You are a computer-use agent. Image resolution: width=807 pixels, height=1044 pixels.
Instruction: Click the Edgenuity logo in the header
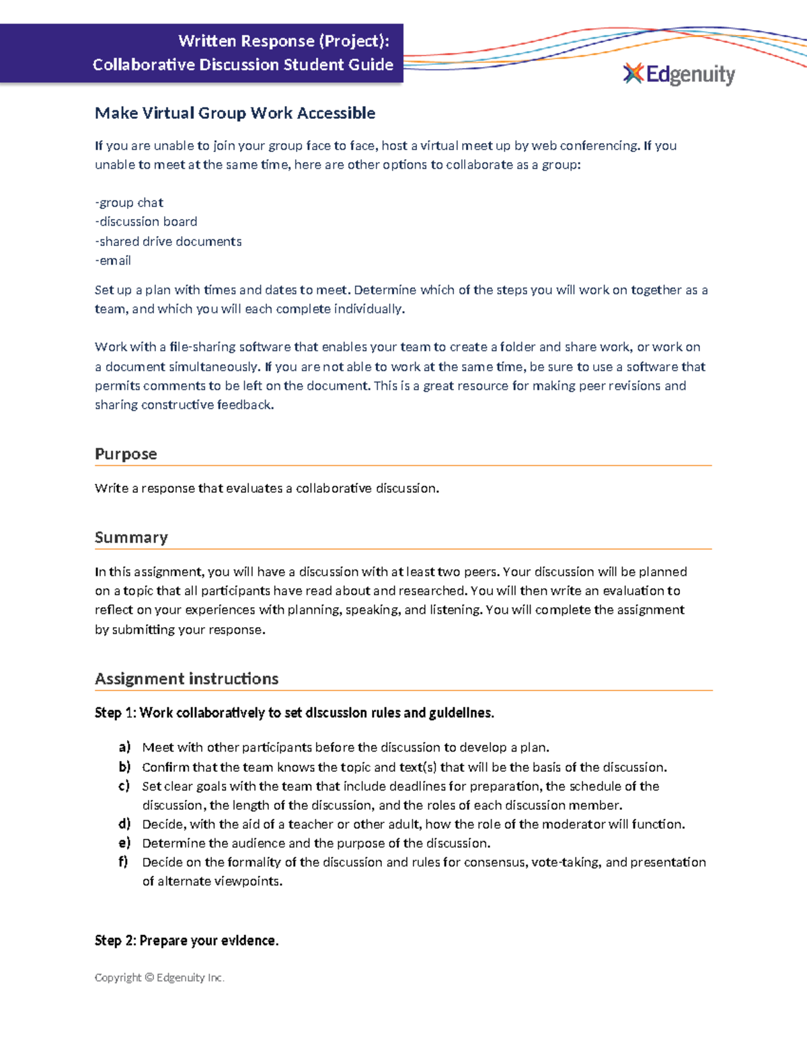tap(679, 74)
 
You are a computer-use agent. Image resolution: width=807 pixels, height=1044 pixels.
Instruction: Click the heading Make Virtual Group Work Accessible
tap(235, 113)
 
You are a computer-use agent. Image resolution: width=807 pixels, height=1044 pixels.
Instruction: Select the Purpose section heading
tap(126, 454)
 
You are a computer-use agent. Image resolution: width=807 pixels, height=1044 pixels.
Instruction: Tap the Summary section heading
tap(131, 537)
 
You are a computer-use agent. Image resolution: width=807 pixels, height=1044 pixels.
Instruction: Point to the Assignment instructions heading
tap(186, 678)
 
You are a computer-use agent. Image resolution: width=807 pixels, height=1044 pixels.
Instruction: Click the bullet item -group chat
tap(129, 202)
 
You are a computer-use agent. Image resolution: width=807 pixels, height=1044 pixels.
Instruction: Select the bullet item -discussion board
tap(146, 221)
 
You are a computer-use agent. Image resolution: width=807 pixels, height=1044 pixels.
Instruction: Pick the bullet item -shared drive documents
tap(168, 241)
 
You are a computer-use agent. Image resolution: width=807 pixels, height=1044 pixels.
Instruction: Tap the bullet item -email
tap(113, 260)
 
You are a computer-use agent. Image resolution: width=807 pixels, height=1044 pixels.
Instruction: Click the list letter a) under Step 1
tap(124, 747)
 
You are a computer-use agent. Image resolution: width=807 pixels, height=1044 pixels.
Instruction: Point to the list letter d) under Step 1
tap(124, 824)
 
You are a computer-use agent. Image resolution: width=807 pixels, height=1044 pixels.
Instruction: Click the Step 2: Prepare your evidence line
tap(186, 940)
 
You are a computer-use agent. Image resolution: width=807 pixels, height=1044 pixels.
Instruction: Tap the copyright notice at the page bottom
tap(159, 977)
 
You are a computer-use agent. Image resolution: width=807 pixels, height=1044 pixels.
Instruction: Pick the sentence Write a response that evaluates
tap(266, 488)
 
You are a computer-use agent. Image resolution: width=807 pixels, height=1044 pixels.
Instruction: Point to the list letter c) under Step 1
tap(124, 786)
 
